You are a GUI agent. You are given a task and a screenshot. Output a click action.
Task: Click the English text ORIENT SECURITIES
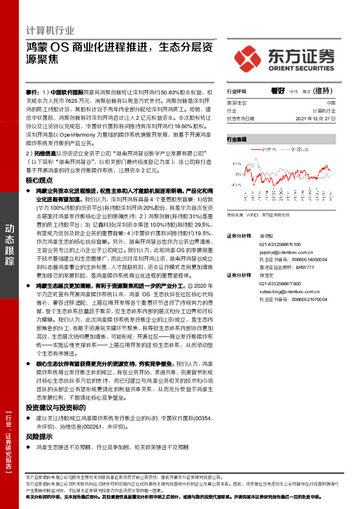(301, 67)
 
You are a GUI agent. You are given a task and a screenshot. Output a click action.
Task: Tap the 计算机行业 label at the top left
(51, 30)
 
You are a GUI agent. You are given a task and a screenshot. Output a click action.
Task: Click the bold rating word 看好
(278, 90)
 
